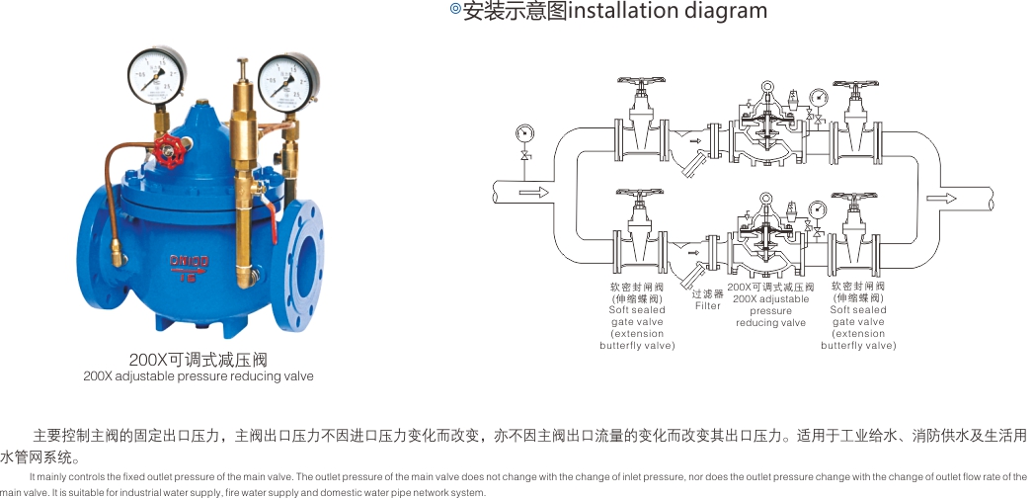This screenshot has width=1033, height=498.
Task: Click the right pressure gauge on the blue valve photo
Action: point(287,78)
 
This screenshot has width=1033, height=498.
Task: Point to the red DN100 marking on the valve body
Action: point(188,260)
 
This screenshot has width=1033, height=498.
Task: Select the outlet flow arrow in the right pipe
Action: point(940,198)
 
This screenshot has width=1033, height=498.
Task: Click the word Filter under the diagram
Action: point(708,305)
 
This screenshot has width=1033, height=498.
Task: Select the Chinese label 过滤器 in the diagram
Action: point(708,293)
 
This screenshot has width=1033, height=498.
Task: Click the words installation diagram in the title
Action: point(668,12)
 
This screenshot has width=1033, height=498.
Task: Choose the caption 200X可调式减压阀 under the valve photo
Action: point(199,360)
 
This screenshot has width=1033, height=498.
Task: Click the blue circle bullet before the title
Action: point(455,10)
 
